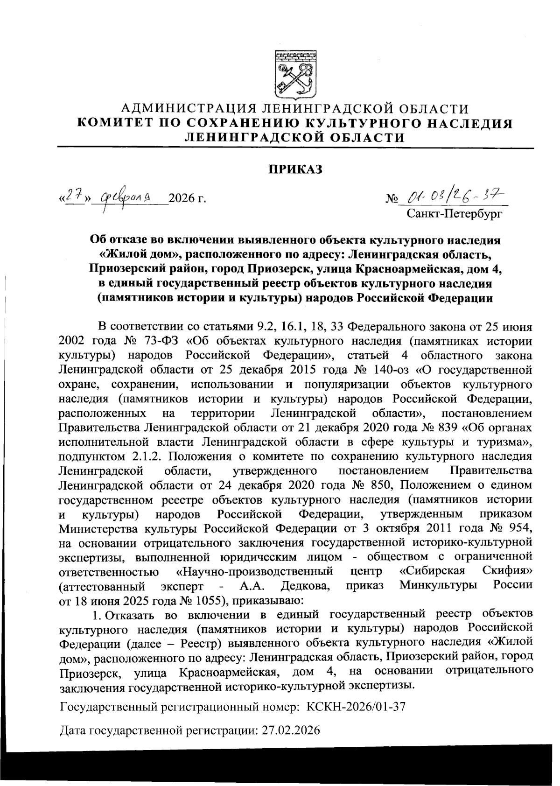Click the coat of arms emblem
point(295,73)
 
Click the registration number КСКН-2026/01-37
point(355,707)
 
